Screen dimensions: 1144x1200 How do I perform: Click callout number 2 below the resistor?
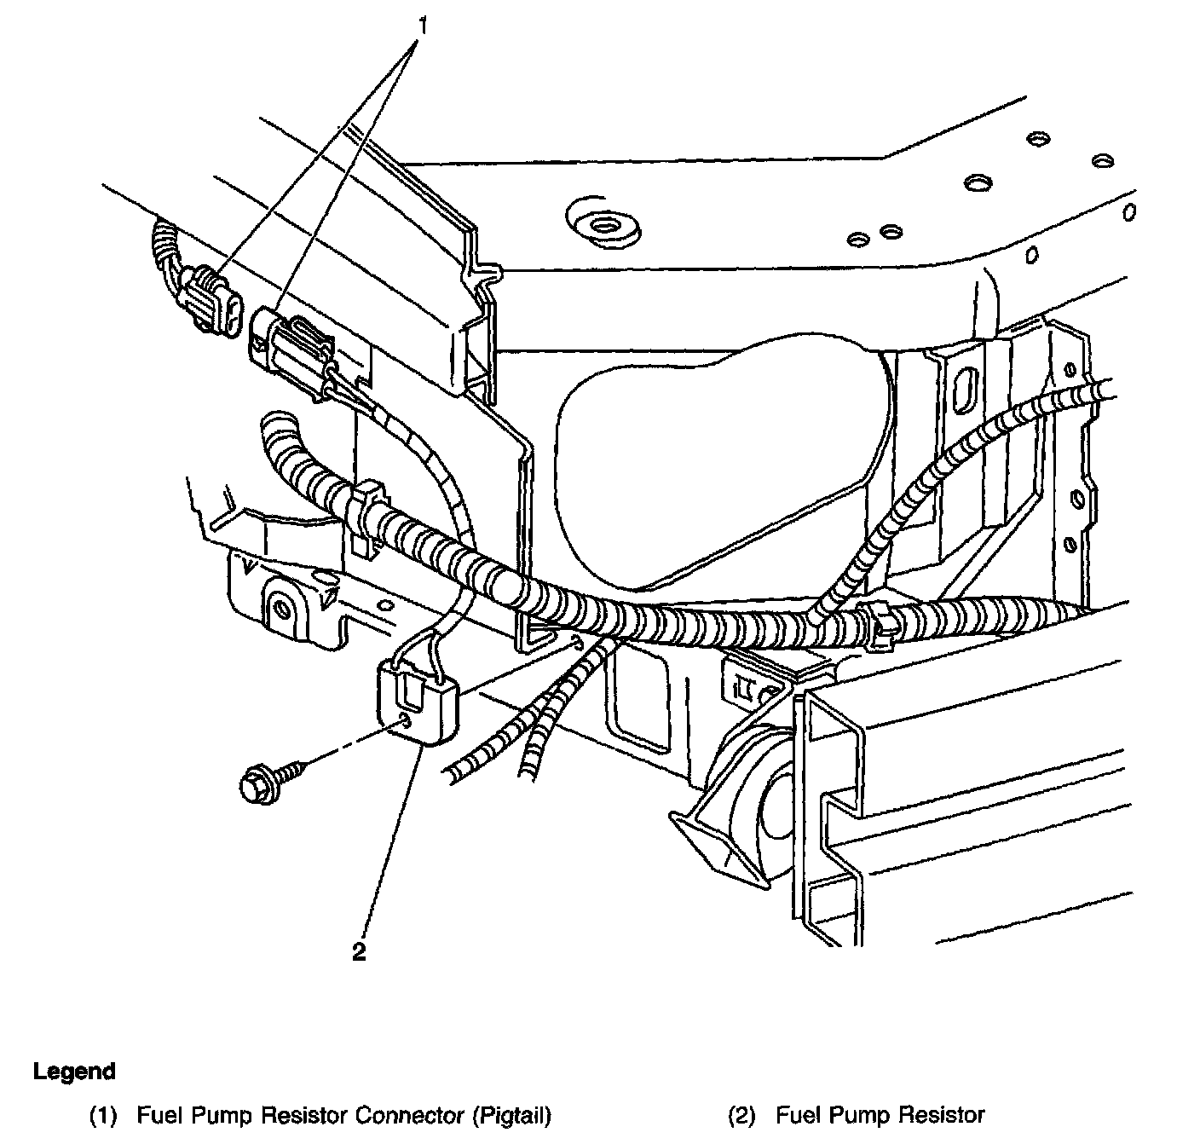[359, 951]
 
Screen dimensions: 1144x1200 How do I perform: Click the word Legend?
[74, 1071]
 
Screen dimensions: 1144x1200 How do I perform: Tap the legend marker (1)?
[103, 1114]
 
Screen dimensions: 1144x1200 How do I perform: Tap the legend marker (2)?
[742, 1114]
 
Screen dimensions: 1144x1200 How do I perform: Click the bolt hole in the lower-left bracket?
[280, 609]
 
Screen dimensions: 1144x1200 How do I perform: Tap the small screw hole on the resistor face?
[407, 722]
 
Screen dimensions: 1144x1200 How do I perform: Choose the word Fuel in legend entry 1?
[156, 1114]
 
